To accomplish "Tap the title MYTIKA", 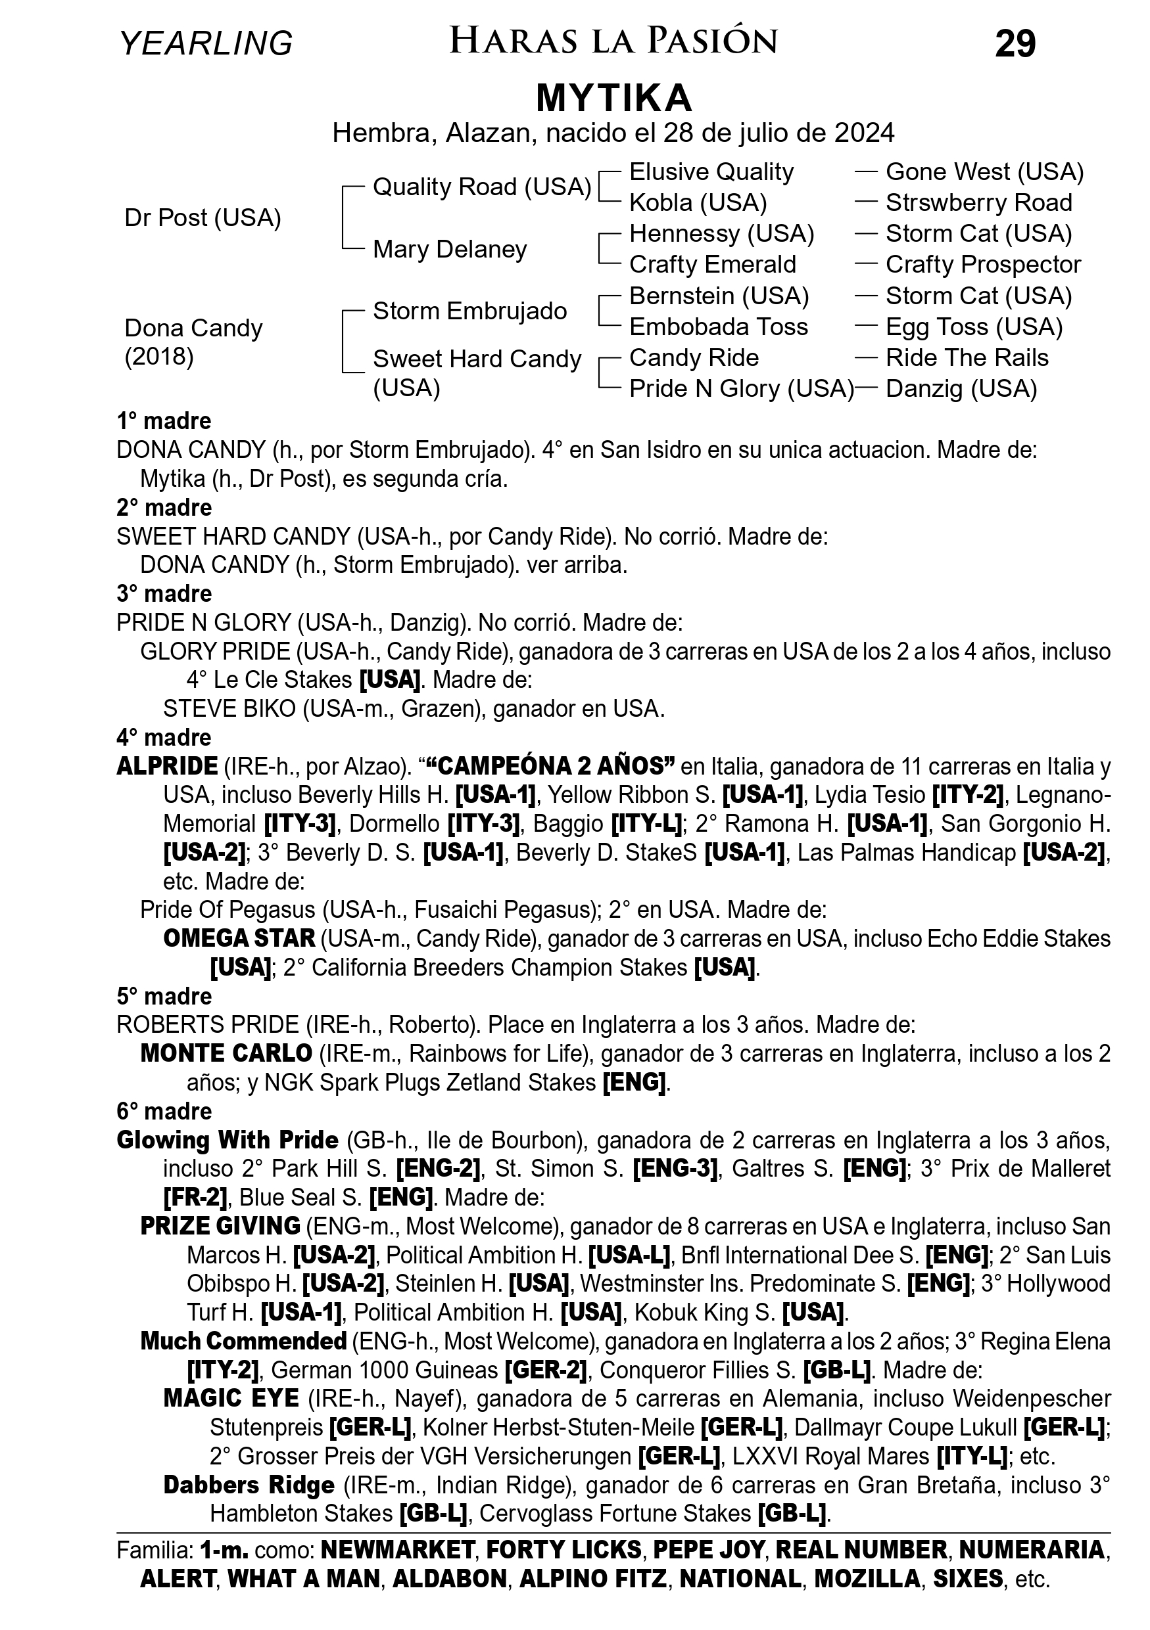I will point(613,98).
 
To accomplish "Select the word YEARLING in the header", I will point(206,43).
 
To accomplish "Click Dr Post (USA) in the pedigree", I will point(203,218).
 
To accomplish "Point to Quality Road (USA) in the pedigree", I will point(481,187).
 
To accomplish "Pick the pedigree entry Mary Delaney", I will point(450,249).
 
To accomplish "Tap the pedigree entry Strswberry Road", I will point(978,203).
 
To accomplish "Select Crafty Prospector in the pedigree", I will point(982,265).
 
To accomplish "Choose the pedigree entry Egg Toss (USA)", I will point(974,327).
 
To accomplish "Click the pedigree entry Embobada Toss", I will point(718,327).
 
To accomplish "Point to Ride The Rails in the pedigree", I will point(967,358).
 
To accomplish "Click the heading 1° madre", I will point(164,421).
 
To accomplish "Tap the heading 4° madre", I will point(164,738).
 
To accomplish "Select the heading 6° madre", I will point(164,1111).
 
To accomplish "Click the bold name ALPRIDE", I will point(167,767).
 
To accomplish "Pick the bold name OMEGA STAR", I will point(239,939).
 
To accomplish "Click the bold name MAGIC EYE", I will point(231,1399).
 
